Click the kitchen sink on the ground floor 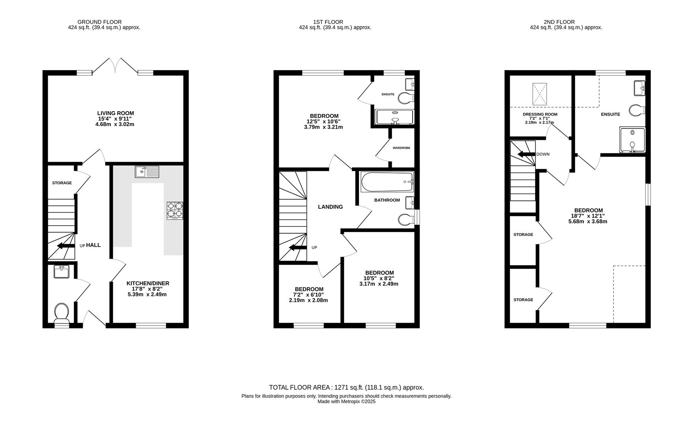tap(147, 172)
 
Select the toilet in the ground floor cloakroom tap(62, 312)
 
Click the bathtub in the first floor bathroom tap(387, 182)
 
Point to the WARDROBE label tap(401, 148)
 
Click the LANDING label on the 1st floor tap(331, 207)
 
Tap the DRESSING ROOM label tap(540, 114)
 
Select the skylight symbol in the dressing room tap(540, 94)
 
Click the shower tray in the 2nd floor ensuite tap(632, 140)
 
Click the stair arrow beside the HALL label tap(66, 246)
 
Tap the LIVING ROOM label tap(116, 113)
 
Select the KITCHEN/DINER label tap(148, 283)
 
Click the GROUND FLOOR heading tap(99, 22)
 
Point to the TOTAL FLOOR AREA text tap(346, 387)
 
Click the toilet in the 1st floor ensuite tap(406, 97)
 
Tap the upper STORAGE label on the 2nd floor tap(523, 235)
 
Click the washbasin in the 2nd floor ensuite tap(639, 88)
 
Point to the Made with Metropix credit tap(347, 402)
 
